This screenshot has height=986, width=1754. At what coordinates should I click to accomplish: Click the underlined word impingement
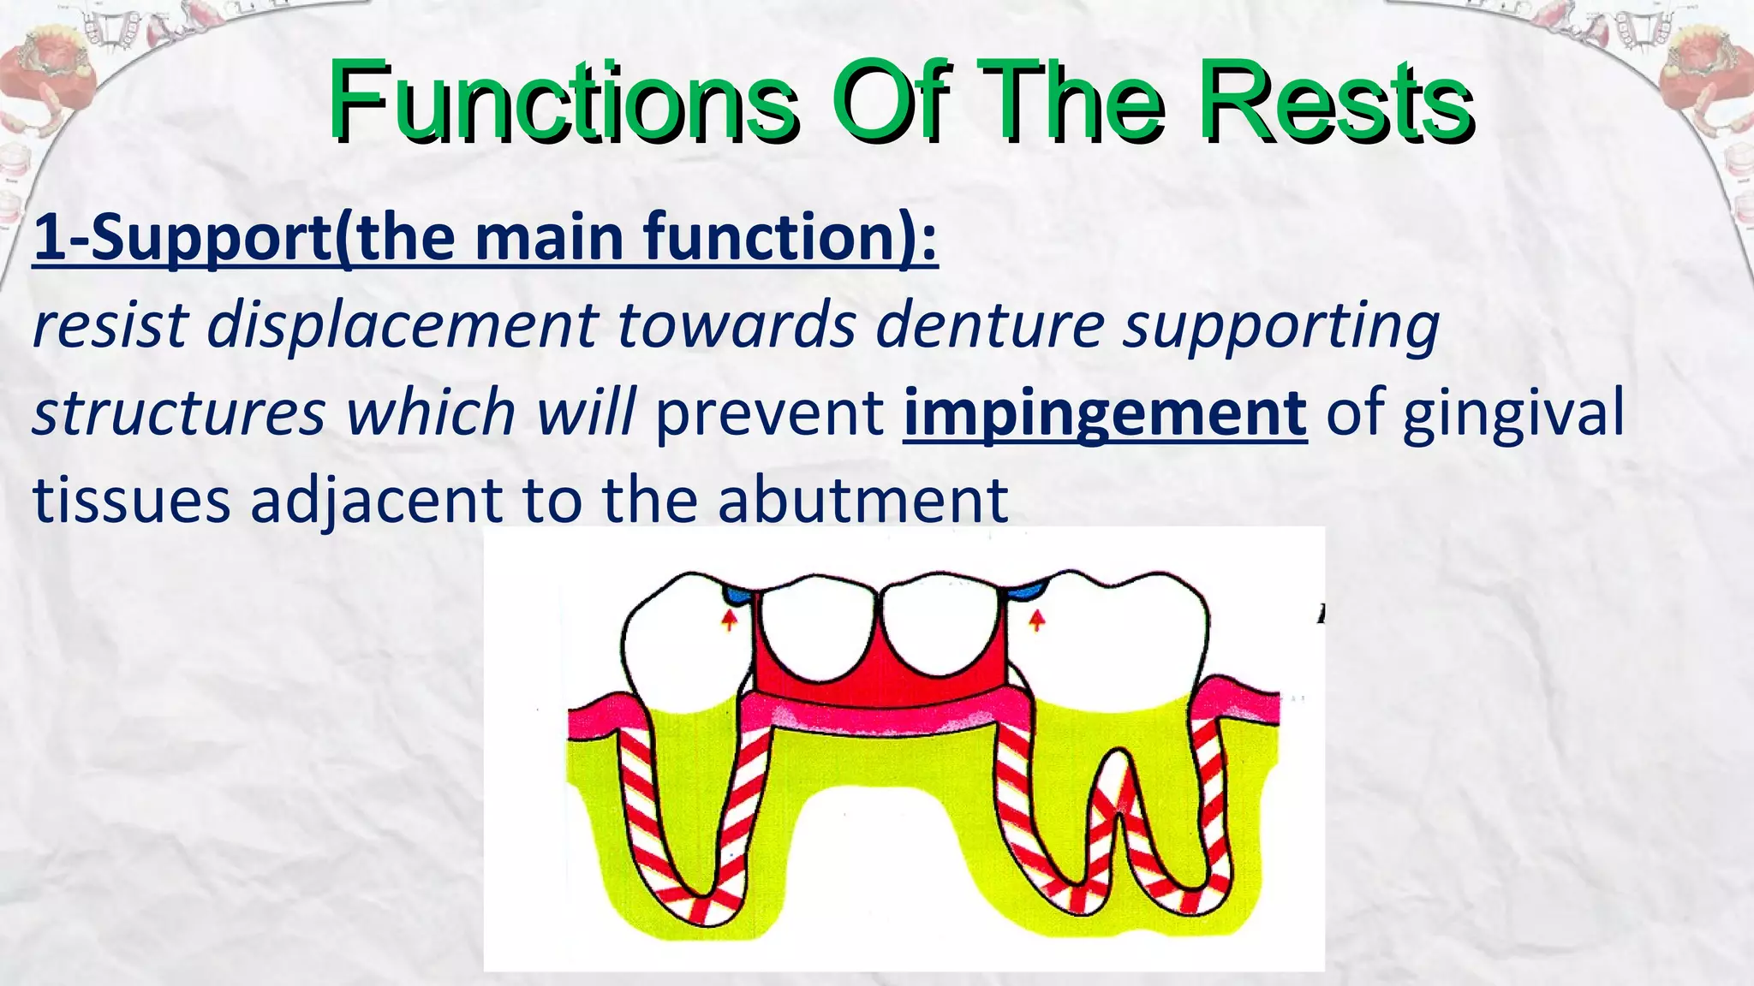tap(1105, 413)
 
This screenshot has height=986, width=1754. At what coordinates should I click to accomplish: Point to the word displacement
tap(403, 326)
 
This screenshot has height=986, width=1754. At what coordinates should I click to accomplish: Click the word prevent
tap(769, 413)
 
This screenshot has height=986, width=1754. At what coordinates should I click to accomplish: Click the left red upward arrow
tap(729, 619)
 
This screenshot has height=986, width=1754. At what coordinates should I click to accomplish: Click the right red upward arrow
tap(1036, 619)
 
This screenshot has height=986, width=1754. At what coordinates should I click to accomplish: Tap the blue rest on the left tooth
tap(737, 592)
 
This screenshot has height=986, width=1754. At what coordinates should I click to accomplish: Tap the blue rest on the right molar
tap(1025, 591)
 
